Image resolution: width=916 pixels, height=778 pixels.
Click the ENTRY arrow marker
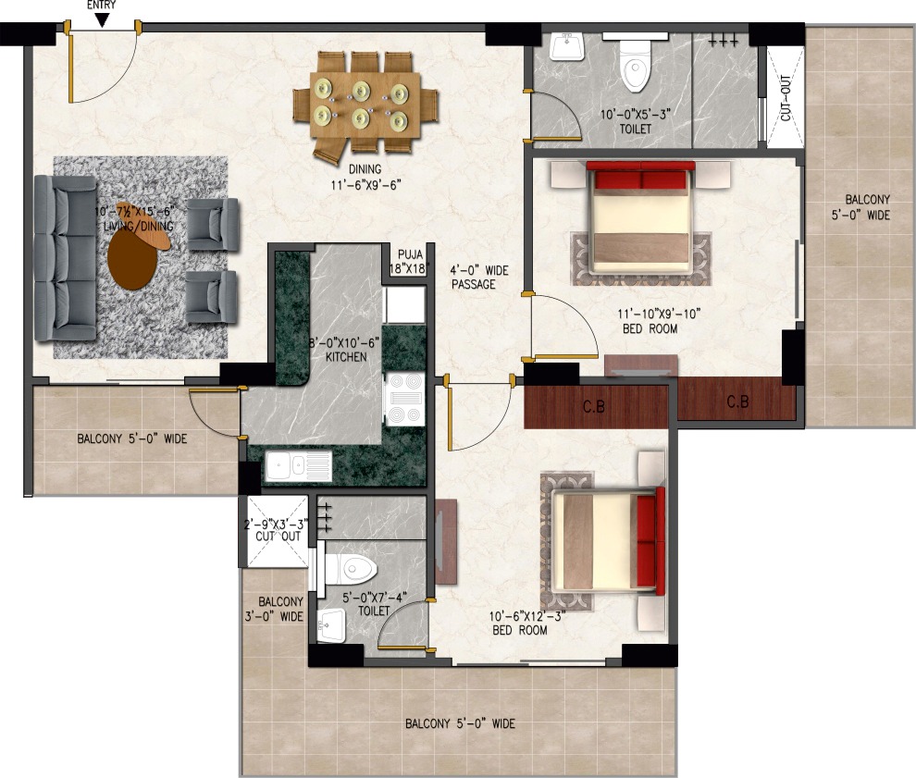tap(102, 20)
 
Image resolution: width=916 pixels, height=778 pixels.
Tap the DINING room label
tap(365, 169)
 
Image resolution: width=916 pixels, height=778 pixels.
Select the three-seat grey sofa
tap(65, 258)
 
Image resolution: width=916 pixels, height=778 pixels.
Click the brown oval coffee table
tap(133, 259)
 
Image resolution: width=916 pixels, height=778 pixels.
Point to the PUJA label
tap(411, 254)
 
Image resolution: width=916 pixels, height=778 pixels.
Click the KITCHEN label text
tap(346, 357)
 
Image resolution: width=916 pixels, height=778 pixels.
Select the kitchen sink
tap(299, 466)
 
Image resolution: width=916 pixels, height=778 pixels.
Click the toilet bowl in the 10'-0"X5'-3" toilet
tap(635, 66)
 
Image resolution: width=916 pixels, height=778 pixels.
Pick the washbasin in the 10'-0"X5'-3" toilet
tap(566, 46)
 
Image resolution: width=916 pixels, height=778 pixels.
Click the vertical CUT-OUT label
tap(786, 97)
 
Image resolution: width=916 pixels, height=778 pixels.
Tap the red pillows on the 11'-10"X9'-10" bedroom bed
tap(640, 175)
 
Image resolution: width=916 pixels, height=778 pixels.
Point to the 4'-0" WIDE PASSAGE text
tap(479, 278)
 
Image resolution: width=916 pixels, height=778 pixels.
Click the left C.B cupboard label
tap(593, 406)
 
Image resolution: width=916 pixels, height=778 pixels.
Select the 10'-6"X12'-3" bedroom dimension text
tap(527, 616)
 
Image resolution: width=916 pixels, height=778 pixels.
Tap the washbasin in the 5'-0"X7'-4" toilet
tap(331, 625)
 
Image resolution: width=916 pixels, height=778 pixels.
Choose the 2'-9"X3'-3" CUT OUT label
tap(277, 530)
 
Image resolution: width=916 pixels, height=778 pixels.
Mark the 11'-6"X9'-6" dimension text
tap(366, 185)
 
